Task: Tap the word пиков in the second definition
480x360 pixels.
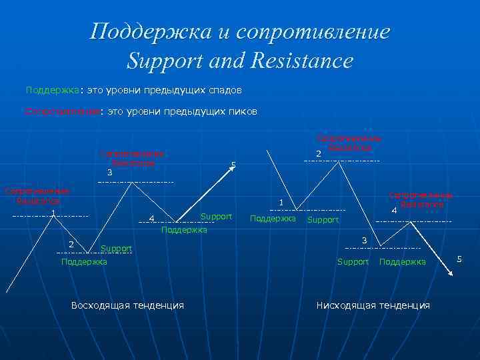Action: point(241,112)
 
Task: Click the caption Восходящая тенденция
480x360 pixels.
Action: point(127,305)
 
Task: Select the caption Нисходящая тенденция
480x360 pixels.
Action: point(373,305)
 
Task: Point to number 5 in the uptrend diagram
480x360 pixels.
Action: point(233,165)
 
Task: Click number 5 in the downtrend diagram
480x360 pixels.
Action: point(459,259)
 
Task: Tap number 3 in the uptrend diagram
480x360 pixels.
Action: point(109,173)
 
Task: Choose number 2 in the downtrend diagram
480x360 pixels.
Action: point(318,155)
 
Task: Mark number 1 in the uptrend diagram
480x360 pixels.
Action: point(52,213)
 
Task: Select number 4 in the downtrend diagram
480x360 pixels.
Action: point(394,211)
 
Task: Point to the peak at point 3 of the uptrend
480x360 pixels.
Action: point(131,182)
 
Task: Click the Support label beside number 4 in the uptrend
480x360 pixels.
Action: point(216,217)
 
